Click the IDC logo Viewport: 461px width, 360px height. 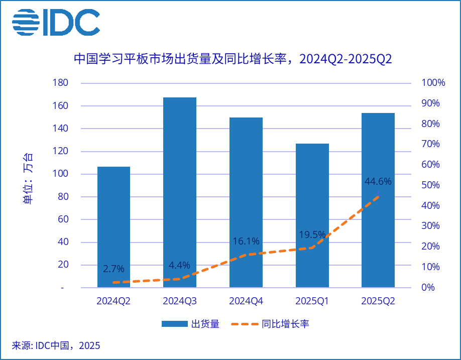coord(56,23)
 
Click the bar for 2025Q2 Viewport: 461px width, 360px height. coord(378,200)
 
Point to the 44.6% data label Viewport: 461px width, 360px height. coord(378,181)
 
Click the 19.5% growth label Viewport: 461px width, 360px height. coord(312,234)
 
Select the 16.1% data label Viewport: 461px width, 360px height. coord(246,241)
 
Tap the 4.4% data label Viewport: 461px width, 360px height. coord(180,265)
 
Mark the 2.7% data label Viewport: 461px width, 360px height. coord(113,269)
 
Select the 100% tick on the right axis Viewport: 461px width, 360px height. coord(433,83)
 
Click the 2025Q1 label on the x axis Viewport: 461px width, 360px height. coord(312,301)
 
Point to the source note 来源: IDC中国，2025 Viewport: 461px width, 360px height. coord(56,345)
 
